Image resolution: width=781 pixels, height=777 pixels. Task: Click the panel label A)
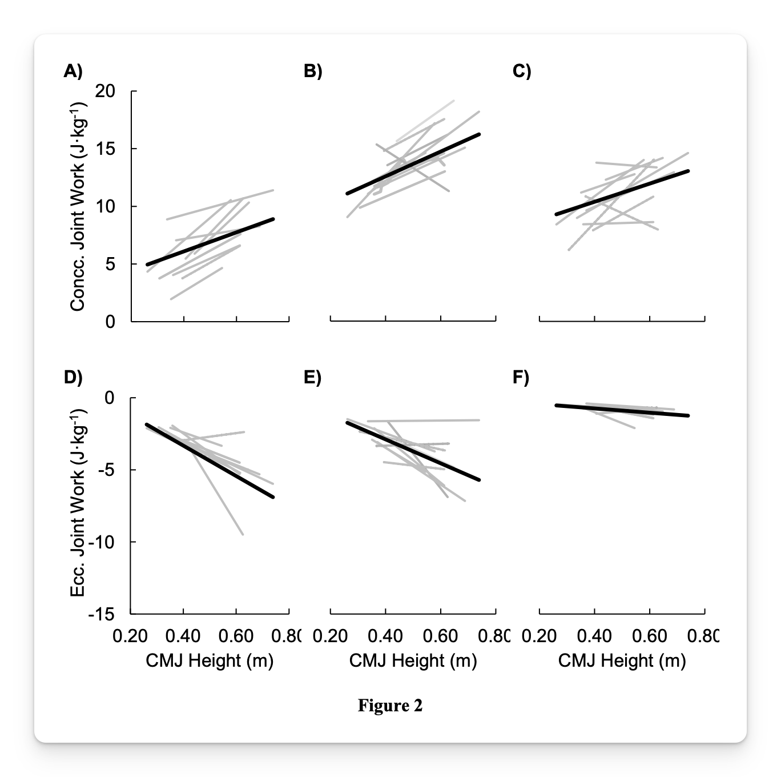(x=73, y=71)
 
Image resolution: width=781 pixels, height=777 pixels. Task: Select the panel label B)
(x=313, y=71)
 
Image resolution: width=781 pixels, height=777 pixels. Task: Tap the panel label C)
(x=522, y=71)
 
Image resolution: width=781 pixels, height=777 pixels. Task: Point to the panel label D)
(x=73, y=377)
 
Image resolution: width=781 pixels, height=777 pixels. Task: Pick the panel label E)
(x=312, y=377)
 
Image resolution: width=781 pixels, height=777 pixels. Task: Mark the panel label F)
(x=521, y=377)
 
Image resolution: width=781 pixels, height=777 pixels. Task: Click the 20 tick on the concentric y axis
(x=105, y=91)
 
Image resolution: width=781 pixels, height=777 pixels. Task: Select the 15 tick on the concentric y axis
(x=105, y=149)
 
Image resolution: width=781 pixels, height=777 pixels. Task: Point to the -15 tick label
(x=102, y=614)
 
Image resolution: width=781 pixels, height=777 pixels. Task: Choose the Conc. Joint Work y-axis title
(x=78, y=206)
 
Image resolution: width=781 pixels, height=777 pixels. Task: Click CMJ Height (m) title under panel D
(x=210, y=661)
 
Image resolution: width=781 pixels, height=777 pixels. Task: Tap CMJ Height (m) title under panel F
(x=622, y=661)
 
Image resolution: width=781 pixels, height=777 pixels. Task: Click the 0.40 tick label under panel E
(x=385, y=636)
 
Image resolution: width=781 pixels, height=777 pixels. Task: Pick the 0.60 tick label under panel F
(x=650, y=636)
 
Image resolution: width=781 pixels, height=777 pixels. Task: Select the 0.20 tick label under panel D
(x=130, y=636)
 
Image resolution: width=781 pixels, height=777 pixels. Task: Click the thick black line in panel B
(x=413, y=164)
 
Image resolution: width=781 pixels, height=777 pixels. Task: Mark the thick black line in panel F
(x=622, y=410)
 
